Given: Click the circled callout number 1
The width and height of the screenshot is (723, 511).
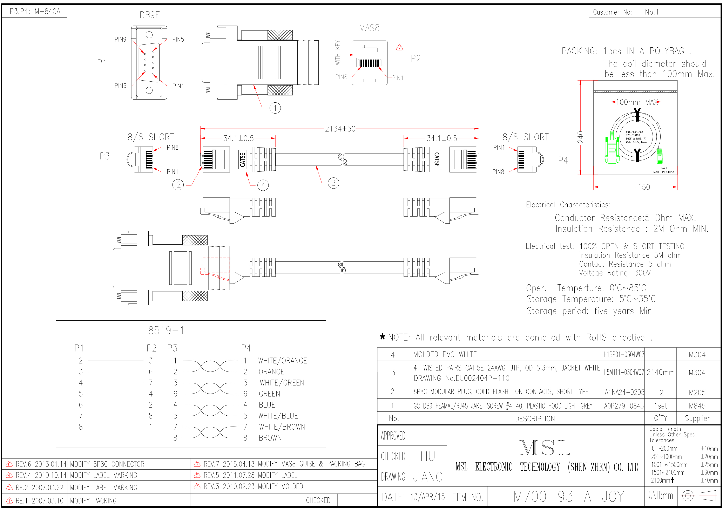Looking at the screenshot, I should pyautogui.click(x=275, y=108).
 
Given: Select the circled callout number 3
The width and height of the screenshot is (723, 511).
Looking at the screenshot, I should pyautogui.click(x=333, y=183).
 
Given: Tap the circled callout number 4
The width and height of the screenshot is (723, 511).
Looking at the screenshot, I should pyautogui.click(x=263, y=185).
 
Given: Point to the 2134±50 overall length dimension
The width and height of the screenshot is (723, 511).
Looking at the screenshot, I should pyautogui.click(x=340, y=129).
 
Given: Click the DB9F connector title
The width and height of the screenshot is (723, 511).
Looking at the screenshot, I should pyautogui.click(x=150, y=15).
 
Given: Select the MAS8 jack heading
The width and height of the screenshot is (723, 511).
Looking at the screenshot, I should pyautogui.click(x=369, y=28).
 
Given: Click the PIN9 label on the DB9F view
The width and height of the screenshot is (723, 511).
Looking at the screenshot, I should pyautogui.click(x=120, y=39).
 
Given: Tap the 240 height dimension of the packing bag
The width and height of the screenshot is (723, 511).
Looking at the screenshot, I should pyautogui.click(x=580, y=137).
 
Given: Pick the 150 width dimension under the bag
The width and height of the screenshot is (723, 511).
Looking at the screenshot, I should pyautogui.click(x=644, y=187).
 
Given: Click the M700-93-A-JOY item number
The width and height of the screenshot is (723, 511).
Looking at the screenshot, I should pyautogui.click(x=568, y=497).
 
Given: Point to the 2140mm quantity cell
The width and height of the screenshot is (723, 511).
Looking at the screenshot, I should pyautogui.click(x=660, y=373).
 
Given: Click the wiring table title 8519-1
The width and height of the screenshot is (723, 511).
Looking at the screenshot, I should pyautogui.click(x=166, y=331).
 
